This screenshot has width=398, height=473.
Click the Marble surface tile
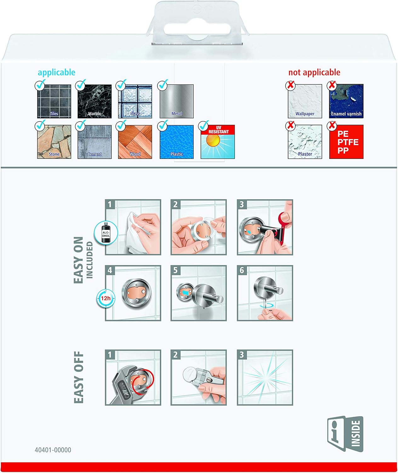pos(94,101)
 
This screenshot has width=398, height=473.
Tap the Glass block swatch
pos(135,101)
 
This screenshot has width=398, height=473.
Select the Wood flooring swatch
pos(135,142)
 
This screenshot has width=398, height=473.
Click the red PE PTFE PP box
pos(346,142)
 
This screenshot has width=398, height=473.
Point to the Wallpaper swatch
pos(305,101)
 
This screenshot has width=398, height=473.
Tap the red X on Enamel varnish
pos(332,85)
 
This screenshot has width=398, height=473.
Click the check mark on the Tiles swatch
pos(40,85)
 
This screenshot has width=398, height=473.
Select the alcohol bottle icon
pos(106,233)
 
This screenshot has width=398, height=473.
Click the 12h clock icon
pos(106,298)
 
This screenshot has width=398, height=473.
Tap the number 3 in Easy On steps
pos(242,204)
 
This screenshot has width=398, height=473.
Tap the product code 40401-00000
pos(53,450)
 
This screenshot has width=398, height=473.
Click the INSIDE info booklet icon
pos(345,434)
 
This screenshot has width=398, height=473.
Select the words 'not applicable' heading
pos(314,73)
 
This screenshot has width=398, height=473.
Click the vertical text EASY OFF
pos(79,377)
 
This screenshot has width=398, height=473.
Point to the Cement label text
pos(94,154)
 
